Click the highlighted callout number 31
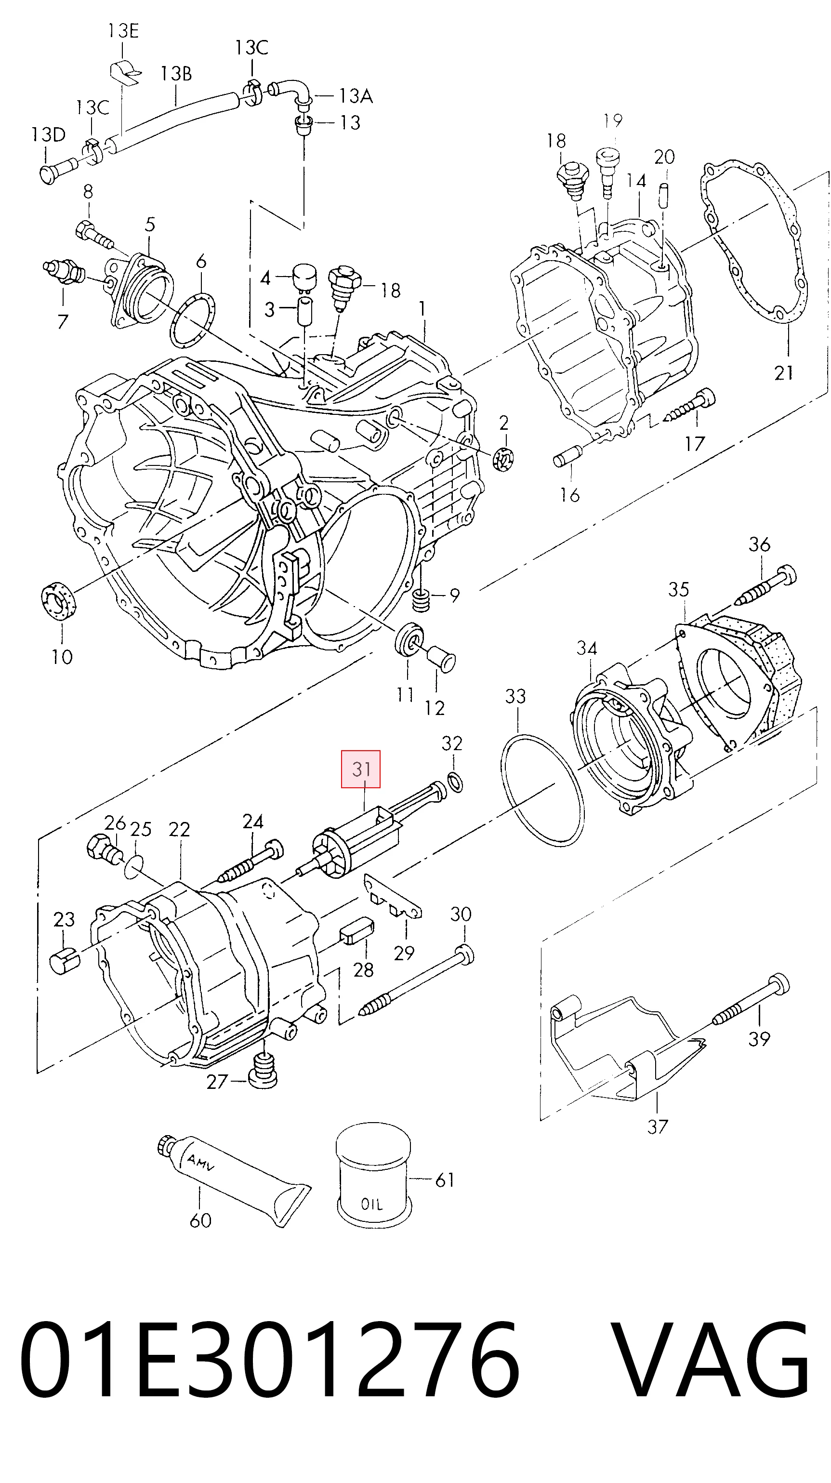coord(361,768)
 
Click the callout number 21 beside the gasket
coord(784,373)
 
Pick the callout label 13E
coord(123,30)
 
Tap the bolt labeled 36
coord(766,586)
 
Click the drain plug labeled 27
coord(263,1070)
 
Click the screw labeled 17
coord(689,405)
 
